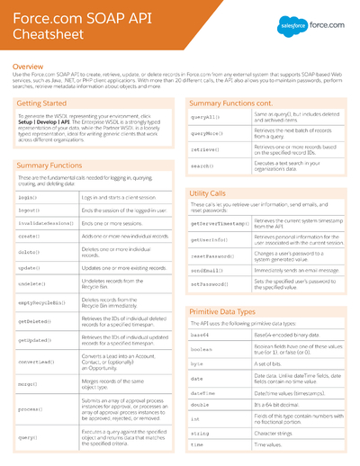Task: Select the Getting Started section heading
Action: pyautogui.click(x=44, y=104)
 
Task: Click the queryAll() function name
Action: pyautogui.click(x=206, y=118)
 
